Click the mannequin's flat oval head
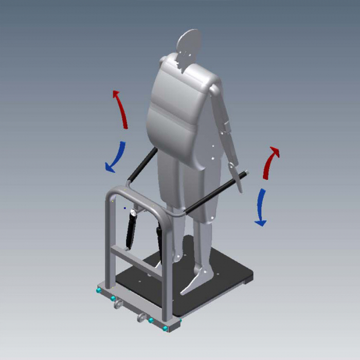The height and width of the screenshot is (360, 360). [x=189, y=44]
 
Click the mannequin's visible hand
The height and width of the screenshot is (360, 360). [x=235, y=175]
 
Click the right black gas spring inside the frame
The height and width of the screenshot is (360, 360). [x=160, y=244]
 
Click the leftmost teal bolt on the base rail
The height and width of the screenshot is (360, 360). [x=97, y=291]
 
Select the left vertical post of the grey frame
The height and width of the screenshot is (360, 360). [x=109, y=242]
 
